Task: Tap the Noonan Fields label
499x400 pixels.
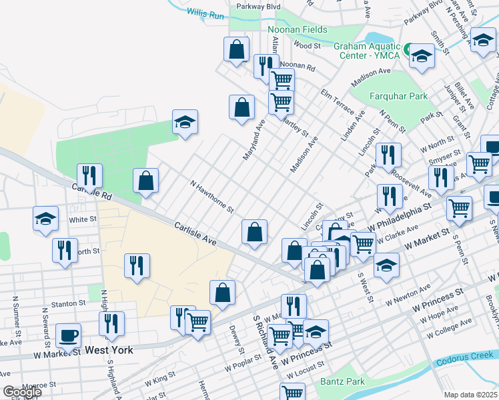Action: click(297, 29)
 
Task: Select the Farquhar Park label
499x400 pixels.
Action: click(400, 96)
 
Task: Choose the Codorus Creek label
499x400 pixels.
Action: click(466, 363)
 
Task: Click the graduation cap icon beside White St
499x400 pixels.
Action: click(45, 218)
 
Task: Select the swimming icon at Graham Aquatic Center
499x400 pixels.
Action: click(412, 49)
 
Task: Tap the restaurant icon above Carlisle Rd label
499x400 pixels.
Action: click(89, 175)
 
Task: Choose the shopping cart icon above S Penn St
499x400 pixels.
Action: click(459, 207)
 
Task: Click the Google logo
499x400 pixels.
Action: click(22, 392)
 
